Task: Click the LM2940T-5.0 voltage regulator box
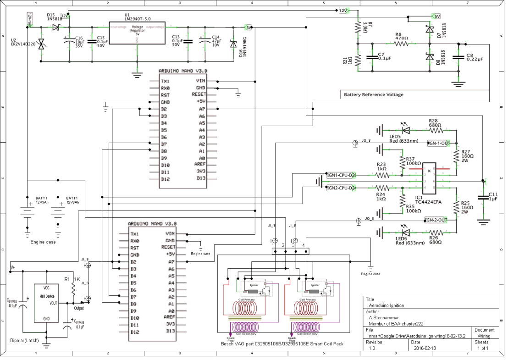137,33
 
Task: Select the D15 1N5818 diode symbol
55,28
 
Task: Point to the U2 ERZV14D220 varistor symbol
41,44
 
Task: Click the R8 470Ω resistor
401,44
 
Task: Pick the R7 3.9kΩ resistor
358,27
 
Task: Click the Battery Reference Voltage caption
374,94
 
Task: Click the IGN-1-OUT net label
439,143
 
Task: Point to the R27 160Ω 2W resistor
456,157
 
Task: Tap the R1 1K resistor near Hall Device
73,288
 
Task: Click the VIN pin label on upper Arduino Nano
200,81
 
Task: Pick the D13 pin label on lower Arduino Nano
170,331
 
